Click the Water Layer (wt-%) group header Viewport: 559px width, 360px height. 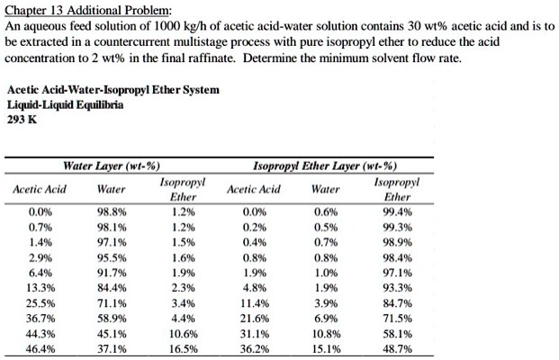(x=112, y=166)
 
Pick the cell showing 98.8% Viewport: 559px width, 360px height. (x=112, y=214)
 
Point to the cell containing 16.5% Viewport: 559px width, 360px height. (x=184, y=347)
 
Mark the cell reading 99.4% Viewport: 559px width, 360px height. (x=397, y=214)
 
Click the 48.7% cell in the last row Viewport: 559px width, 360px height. (x=397, y=347)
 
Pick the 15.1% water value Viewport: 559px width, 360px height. (x=326, y=347)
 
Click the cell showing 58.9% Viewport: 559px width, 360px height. (x=112, y=318)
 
